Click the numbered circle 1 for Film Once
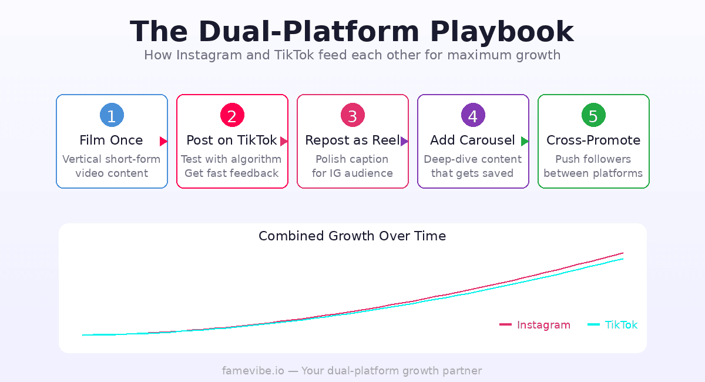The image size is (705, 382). [x=112, y=115]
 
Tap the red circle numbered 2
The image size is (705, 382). [x=232, y=115]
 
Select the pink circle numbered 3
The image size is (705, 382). [x=352, y=115]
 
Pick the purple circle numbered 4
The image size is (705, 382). [x=473, y=115]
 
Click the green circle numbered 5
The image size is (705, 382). [x=593, y=115]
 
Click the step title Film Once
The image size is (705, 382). [x=111, y=140]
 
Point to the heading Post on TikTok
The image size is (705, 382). [x=231, y=140]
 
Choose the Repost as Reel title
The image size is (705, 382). [x=352, y=140]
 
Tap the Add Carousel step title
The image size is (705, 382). [x=472, y=140]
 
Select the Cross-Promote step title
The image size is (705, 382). [x=593, y=140]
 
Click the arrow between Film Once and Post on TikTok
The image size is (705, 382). [x=163, y=141]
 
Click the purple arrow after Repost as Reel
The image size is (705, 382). [x=404, y=141]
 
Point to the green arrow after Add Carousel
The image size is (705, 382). [x=525, y=141]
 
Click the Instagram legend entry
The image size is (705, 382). [x=535, y=325]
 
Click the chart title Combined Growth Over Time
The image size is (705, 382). [x=352, y=236]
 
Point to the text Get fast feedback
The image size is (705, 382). [x=231, y=173]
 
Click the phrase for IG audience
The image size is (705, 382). [x=352, y=173]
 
